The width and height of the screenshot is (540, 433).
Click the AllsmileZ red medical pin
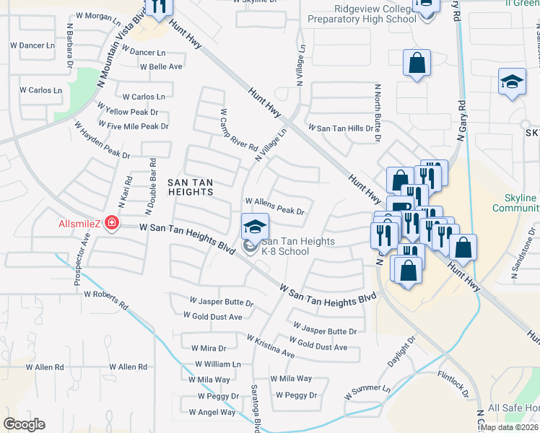(112, 222)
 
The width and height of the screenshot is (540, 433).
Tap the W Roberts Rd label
(105, 295)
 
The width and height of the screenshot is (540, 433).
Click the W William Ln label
(217, 365)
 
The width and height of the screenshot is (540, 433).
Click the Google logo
(25, 424)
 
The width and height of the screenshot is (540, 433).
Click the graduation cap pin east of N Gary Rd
(512, 82)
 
